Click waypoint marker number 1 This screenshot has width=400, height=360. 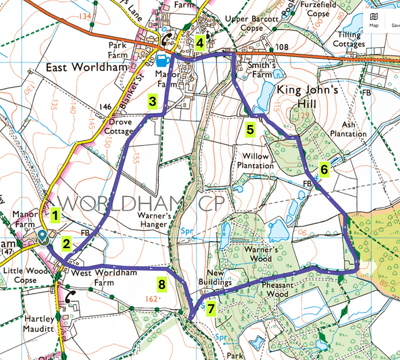point(55,215)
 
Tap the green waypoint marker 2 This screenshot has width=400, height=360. point(67,244)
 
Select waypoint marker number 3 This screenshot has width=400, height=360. point(152,102)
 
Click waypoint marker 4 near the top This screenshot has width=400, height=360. point(199,42)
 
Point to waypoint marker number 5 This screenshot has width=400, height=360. point(250,129)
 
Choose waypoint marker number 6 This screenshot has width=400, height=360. point(324,170)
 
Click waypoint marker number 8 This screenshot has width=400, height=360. point(162,283)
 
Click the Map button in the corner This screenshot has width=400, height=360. point(373,20)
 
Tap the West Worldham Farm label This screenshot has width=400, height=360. point(96,278)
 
